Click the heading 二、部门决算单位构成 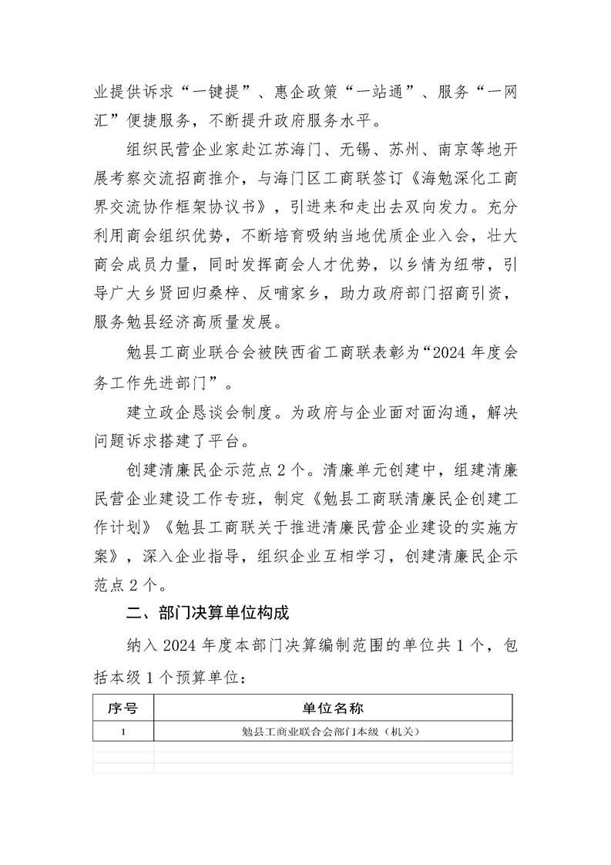207,614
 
